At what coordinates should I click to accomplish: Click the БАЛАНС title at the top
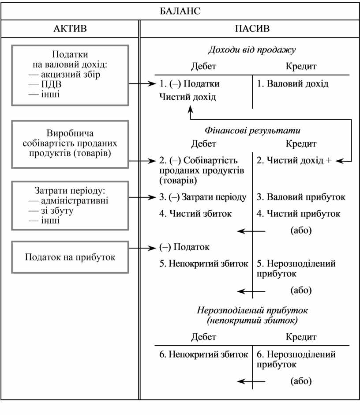(x=180, y=11)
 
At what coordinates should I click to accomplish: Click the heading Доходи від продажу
(x=252, y=50)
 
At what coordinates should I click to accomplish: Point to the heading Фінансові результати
(x=252, y=131)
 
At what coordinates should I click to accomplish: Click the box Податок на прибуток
(x=70, y=257)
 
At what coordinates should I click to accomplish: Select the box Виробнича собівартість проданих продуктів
(x=70, y=143)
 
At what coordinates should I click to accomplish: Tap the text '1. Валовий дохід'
(x=292, y=83)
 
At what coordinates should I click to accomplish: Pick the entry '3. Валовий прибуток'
(x=301, y=197)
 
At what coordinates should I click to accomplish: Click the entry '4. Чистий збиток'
(x=196, y=214)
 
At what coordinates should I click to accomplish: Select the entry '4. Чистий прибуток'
(x=298, y=214)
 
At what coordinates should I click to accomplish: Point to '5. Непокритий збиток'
(x=204, y=264)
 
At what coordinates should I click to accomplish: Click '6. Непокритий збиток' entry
(x=204, y=354)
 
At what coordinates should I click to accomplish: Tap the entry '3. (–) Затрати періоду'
(x=203, y=197)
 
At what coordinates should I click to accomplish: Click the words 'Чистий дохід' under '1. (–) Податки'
(x=188, y=97)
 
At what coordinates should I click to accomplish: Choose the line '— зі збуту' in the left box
(x=51, y=211)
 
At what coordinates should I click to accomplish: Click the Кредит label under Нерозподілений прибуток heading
(x=301, y=337)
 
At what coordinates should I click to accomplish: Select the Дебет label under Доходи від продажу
(x=203, y=67)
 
